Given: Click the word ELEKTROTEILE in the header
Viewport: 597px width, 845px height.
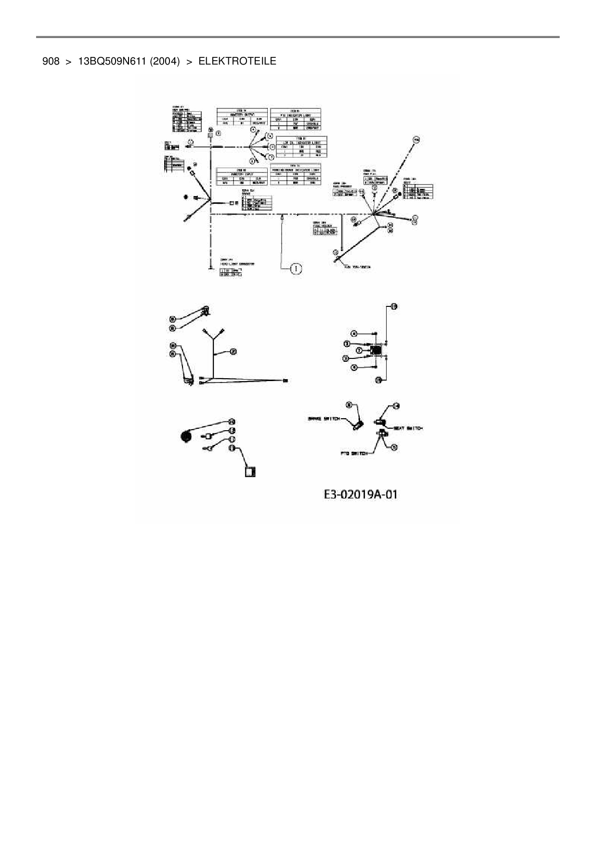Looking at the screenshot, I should point(237,61).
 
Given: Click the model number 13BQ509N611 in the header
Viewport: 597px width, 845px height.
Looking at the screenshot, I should point(111,61).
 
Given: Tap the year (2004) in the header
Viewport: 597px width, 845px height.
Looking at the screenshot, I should point(165,61).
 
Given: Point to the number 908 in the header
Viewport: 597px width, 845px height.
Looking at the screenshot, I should point(51,61).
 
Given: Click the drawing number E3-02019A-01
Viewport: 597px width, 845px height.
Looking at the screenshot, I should point(361,494).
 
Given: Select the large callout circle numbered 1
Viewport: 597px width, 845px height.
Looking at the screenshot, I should point(296,268).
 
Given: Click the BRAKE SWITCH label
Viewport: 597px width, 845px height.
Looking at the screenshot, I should point(324,419).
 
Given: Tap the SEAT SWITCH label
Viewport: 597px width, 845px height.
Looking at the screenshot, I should point(408,428).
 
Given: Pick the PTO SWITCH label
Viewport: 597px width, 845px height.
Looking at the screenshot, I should point(354,453).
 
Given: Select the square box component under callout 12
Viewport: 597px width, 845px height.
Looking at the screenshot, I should point(250,471).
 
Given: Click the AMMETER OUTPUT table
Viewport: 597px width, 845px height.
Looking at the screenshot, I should point(242,117).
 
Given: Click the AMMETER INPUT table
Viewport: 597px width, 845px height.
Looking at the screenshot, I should point(242,177).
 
